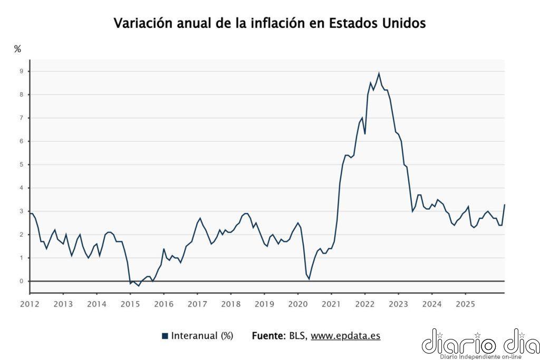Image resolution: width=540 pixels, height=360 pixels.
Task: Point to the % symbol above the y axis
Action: tap(17, 49)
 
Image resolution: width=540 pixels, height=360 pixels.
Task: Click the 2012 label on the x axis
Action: tap(30, 304)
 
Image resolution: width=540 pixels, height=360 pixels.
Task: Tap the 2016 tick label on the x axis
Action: tap(163, 304)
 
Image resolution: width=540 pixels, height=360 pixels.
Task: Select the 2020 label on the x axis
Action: tap(297, 304)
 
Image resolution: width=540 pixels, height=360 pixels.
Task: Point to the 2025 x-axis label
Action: tap(465, 304)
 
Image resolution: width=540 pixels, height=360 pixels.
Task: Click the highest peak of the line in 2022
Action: tap(379, 74)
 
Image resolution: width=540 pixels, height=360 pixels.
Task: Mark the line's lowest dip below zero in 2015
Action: tap(139, 286)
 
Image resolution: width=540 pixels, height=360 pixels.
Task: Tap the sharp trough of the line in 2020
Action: tap(309, 278)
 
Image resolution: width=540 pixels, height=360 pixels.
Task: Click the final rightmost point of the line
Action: tap(505, 205)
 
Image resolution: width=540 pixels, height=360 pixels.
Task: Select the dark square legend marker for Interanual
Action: tap(165, 336)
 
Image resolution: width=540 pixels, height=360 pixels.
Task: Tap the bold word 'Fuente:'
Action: tap(269, 336)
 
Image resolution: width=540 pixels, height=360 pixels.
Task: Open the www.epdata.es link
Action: tap(345, 336)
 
